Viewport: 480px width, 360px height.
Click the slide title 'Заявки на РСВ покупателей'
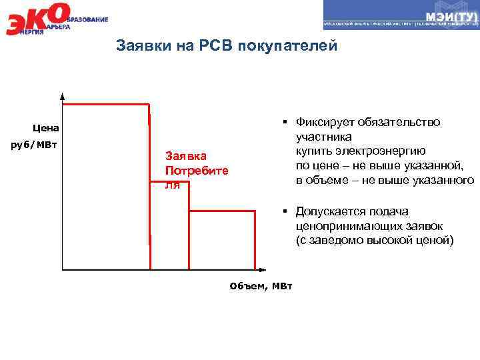(227, 46)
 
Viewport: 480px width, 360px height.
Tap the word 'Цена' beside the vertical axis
(45, 127)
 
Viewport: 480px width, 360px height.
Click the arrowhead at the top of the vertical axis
(62, 96)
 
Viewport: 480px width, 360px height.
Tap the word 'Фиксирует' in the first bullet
(325, 122)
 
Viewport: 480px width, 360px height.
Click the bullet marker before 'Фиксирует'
(284, 122)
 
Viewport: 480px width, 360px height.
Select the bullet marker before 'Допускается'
(284, 211)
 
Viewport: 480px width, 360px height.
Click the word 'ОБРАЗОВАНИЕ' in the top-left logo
(87, 19)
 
